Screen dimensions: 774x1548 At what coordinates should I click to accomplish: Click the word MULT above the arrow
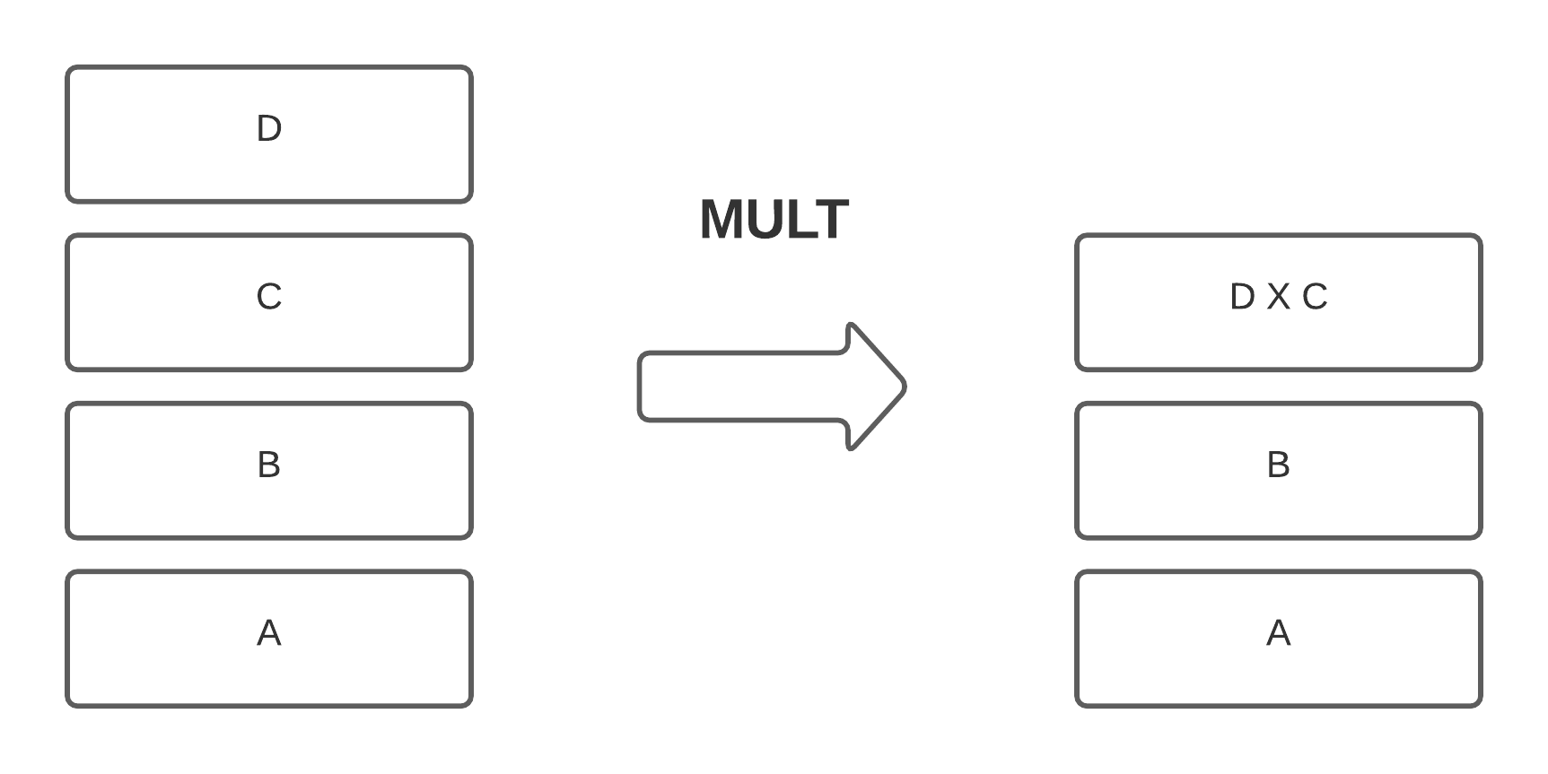click(774, 220)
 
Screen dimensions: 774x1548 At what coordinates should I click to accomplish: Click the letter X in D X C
click(1278, 297)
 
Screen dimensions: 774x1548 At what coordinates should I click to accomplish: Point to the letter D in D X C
click(1242, 297)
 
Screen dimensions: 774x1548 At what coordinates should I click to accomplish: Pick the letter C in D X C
click(1315, 297)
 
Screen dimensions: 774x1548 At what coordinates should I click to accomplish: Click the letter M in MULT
click(721, 220)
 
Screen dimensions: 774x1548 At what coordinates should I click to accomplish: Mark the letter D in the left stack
click(269, 129)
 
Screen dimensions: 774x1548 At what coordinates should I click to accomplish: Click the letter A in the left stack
click(269, 633)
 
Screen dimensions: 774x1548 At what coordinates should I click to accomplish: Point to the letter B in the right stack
click(1278, 465)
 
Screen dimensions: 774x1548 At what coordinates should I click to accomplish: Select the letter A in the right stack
click(1278, 633)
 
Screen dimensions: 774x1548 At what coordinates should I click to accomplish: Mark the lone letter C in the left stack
click(269, 297)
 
